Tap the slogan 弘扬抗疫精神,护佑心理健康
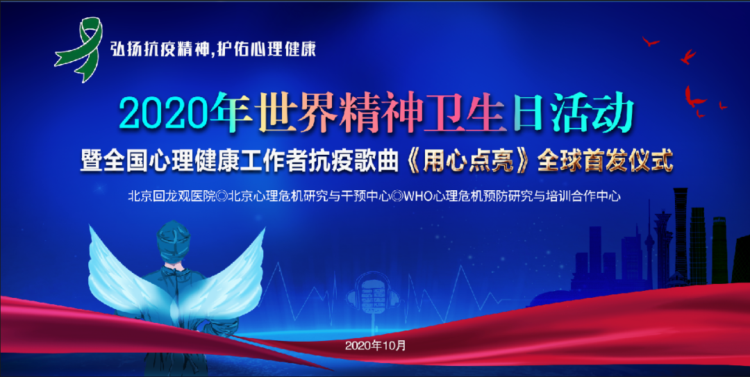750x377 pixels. [x=213, y=49]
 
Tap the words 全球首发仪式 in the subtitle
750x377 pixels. [x=605, y=162]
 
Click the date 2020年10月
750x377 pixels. [x=376, y=345]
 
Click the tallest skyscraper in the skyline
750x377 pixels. [x=680, y=235]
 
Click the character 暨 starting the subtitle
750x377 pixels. [x=92, y=162]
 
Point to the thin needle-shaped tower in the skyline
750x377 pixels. [x=649, y=244]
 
